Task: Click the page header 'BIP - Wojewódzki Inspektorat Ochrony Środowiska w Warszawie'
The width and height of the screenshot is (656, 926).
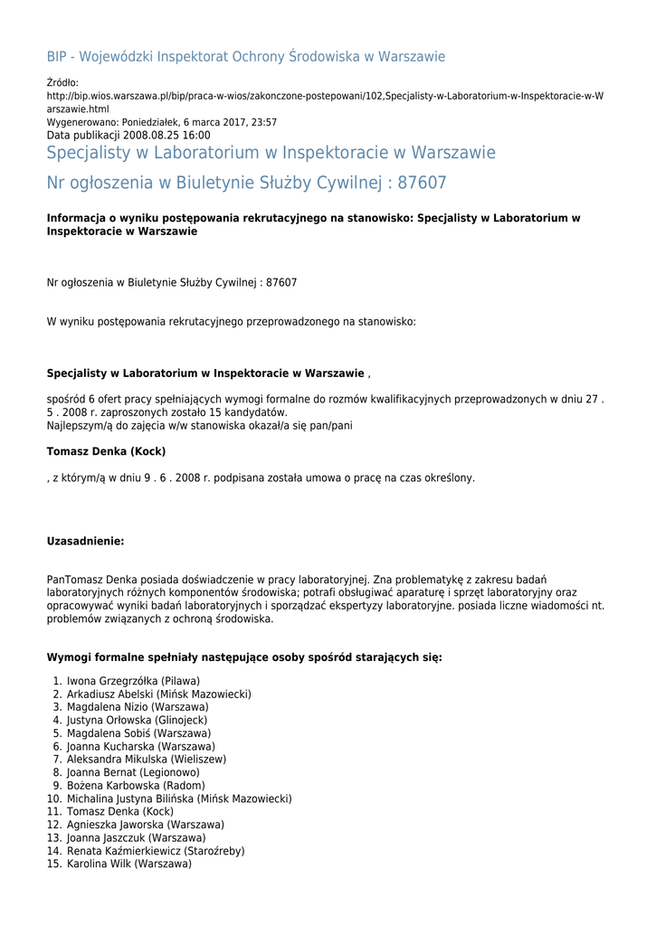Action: coord(246,57)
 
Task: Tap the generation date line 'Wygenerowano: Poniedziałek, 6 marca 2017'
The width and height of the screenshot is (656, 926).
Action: coord(162,122)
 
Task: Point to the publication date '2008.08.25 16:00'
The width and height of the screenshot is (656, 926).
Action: coord(166,135)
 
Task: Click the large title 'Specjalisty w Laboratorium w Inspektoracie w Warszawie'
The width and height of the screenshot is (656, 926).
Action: coord(271,153)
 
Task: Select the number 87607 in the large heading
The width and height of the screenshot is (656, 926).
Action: coord(422,183)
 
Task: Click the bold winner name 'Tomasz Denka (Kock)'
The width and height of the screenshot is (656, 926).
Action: coord(106,451)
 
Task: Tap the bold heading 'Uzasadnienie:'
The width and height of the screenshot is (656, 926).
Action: coord(85,542)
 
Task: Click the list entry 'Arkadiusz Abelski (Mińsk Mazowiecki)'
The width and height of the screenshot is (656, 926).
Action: coord(158,694)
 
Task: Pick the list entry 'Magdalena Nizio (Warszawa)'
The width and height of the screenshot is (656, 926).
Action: coord(138,707)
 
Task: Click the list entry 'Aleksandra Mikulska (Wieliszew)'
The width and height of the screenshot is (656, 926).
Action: coord(147,760)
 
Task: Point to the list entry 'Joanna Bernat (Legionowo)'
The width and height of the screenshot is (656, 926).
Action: coord(133,773)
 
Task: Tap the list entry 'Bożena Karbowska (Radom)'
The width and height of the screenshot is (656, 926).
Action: coord(136,786)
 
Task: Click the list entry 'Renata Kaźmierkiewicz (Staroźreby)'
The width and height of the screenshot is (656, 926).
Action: coord(156,851)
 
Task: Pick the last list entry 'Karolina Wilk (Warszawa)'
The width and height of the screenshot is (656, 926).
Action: coord(129,865)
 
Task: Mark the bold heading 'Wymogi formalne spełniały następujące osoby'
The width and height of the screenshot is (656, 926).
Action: coord(244,657)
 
